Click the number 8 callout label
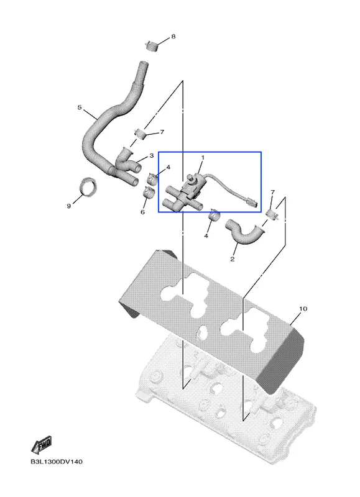point(173,37)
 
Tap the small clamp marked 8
point(151,46)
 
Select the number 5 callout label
point(80,107)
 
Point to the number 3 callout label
point(152,156)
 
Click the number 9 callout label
point(68,206)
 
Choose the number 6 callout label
point(143,212)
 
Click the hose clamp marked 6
point(149,193)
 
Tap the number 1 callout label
point(203,158)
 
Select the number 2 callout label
point(232,259)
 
